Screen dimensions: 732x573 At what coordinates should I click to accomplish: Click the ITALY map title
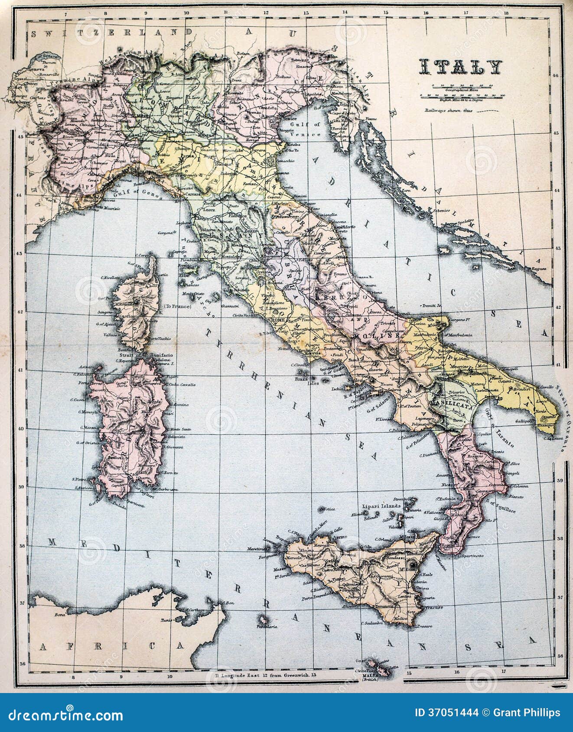[x=460, y=67]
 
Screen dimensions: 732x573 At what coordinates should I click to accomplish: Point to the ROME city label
[x=278, y=319]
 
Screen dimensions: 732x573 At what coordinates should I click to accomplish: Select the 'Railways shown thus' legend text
[x=448, y=110]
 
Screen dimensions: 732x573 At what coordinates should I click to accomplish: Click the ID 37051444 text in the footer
[x=446, y=713]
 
